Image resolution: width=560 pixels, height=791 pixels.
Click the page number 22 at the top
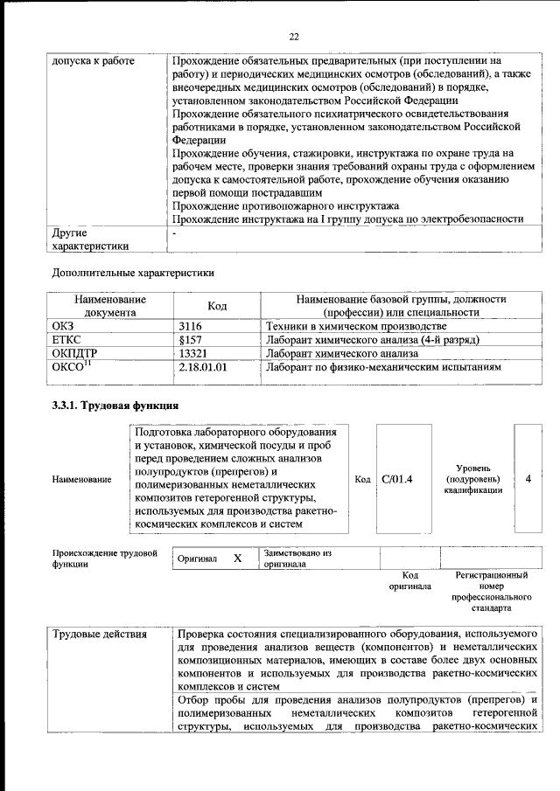coord(294,36)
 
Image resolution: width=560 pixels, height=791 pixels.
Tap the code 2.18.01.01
coord(202,368)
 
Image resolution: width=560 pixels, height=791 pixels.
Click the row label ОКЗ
coord(65,325)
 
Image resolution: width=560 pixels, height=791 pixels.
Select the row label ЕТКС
coord(67,339)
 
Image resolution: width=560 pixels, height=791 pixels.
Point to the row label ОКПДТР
coord(76,354)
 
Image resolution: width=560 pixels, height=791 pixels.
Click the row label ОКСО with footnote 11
coord(73,367)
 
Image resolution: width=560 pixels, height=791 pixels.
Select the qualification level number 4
coord(528,478)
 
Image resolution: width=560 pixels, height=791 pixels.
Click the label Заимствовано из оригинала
coord(297,559)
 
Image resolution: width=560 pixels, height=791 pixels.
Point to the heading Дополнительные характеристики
coord(132,272)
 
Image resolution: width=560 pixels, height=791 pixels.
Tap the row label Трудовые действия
coord(99,633)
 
